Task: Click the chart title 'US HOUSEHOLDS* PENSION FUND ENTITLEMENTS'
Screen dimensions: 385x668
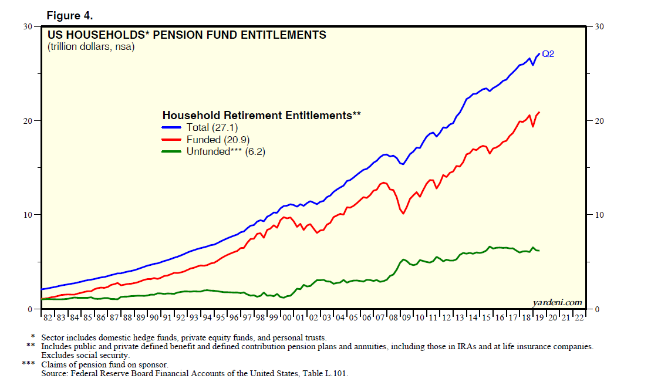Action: coord(186,35)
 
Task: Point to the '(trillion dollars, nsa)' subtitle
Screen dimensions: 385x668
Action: coord(91,47)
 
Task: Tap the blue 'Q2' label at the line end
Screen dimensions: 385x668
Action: coord(548,54)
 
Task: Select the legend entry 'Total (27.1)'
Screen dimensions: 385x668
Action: coord(212,127)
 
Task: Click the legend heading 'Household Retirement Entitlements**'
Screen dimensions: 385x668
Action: coord(261,115)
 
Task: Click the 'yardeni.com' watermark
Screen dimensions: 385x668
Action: coord(558,302)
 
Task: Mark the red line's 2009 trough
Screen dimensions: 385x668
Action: coord(403,214)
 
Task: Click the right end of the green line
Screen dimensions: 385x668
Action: coord(539,251)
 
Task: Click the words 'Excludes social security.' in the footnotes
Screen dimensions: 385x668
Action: coord(85,355)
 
